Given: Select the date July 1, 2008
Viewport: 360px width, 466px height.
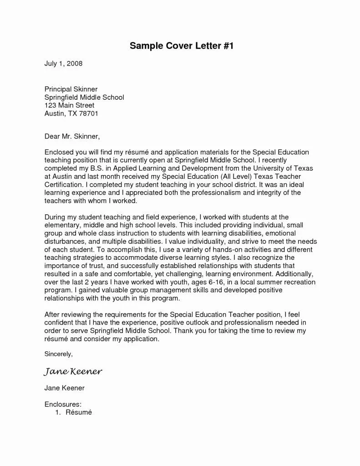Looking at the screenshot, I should coord(63,64).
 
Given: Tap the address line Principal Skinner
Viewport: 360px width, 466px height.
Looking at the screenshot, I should coord(71,89).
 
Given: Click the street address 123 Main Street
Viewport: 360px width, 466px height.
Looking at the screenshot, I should coord(69,105).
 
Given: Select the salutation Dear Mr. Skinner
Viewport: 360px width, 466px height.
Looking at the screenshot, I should coord(71,136).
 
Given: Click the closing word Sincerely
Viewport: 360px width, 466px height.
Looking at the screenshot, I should coord(58,353).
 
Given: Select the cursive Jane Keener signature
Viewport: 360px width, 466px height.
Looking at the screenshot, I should coord(73,372).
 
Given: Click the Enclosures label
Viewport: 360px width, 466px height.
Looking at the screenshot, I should coord(63,404).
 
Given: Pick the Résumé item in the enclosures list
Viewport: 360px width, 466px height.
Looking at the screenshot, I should coord(79,412).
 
